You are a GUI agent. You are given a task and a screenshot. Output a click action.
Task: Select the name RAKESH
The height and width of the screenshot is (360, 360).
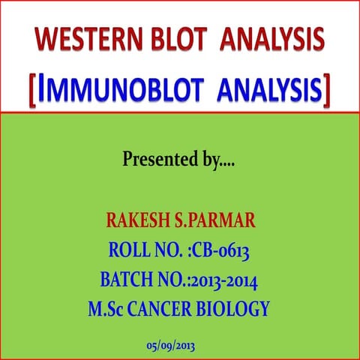click(x=139, y=221)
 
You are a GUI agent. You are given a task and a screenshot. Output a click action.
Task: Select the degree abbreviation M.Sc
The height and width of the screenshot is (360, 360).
click(x=109, y=308)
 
